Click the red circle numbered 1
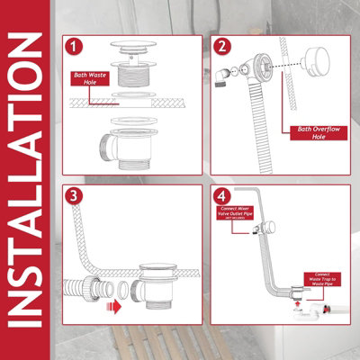tap(76, 45)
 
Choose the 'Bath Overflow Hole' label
tap(320, 131)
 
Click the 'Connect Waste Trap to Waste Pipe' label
tap(326, 280)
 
